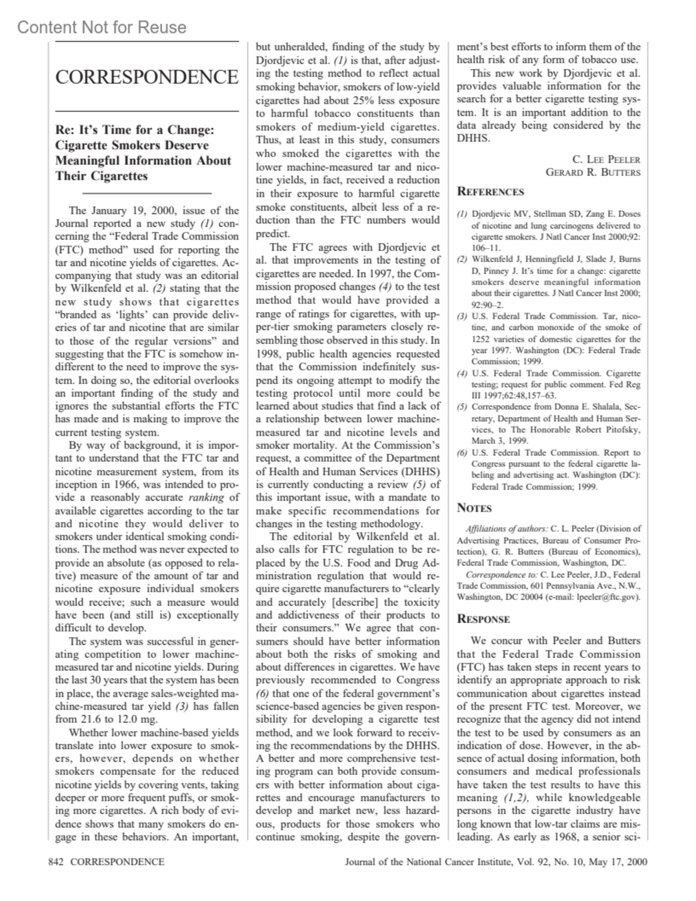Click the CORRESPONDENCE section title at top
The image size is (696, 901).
(x=147, y=77)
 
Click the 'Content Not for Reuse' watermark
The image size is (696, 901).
(x=102, y=27)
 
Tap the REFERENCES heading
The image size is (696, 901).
(x=490, y=192)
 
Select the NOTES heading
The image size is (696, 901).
(x=474, y=508)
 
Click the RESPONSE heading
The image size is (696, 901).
(x=483, y=619)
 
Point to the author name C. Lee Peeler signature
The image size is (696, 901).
(x=606, y=160)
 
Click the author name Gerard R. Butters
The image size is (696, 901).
(x=593, y=172)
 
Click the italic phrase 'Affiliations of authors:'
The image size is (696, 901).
(x=506, y=529)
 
